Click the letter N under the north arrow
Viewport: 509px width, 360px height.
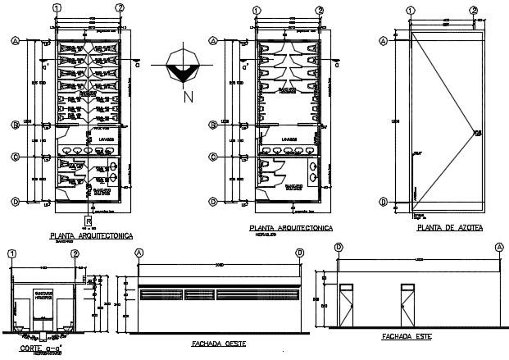coord(188,98)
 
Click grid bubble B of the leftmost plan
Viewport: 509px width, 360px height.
coord(15,125)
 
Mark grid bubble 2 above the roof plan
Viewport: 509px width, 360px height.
coord(474,9)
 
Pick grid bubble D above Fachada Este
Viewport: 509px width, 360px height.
coord(339,246)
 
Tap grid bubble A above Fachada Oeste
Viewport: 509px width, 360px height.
coord(139,253)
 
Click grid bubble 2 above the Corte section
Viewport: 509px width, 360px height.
coord(75,254)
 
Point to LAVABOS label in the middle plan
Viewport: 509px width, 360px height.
coord(287,139)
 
